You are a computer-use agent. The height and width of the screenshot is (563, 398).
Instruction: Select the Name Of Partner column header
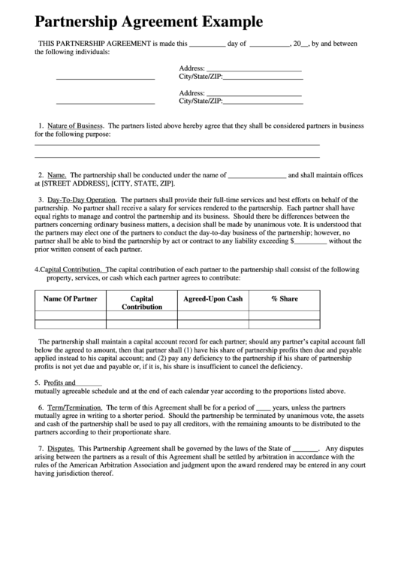[x=70, y=298]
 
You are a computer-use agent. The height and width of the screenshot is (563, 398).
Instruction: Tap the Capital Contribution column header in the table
[x=142, y=302]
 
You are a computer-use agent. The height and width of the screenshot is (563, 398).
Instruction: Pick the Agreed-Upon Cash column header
[x=213, y=298]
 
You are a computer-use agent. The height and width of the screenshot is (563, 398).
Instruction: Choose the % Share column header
[x=284, y=298]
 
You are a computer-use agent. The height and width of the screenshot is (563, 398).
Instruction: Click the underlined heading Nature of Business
[x=74, y=126]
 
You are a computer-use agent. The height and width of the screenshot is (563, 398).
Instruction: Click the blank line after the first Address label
[x=254, y=68]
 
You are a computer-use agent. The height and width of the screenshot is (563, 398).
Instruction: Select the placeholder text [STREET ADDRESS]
[x=76, y=183]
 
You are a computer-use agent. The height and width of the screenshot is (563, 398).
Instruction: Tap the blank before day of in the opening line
[x=207, y=44]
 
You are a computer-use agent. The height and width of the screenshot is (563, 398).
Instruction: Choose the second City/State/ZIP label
[x=201, y=101]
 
